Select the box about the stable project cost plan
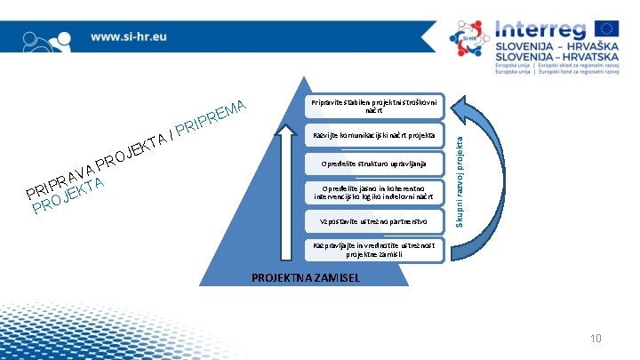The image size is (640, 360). (x=373, y=108)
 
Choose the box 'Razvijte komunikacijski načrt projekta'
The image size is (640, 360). (x=373, y=136)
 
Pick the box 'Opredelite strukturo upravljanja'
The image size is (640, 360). (x=373, y=164)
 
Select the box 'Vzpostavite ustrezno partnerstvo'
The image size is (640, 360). (x=373, y=220)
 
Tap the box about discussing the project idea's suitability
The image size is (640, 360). (x=373, y=250)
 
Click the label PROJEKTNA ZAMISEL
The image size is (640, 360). (x=306, y=277)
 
